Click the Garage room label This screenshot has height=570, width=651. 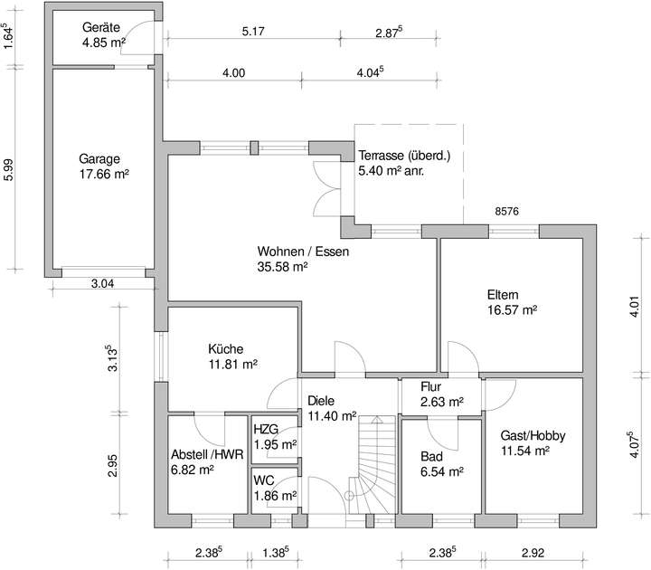coord(99,157)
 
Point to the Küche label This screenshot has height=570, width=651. coord(226,349)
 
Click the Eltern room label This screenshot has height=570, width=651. coord(503,295)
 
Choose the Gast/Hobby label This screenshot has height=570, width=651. coord(533,435)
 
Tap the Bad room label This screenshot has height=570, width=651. coord(431,456)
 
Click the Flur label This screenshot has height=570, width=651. coord(431,387)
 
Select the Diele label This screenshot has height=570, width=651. coord(321,400)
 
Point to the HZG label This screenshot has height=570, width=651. coord(266,429)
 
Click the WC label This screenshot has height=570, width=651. coord(264,480)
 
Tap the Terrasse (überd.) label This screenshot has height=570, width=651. coord(403,155)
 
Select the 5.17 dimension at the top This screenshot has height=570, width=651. coord(253,33)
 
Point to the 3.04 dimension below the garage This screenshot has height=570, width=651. coord(103,284)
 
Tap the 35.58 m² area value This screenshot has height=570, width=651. coord(283,267)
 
